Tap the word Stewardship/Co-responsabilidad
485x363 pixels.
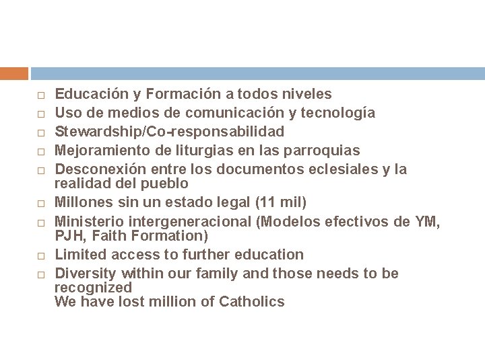pyautogui.click(x=169, y=130)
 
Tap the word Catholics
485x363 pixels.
pyautogui.click(x=252, y=301)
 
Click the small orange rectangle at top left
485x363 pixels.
pyautogui.click(x=14, y=73)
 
